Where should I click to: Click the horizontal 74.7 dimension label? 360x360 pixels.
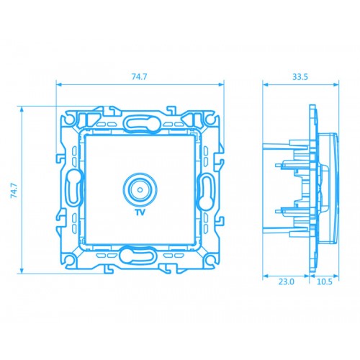(x=139, y=76)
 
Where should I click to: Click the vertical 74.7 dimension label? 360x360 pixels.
(x=14, y=190)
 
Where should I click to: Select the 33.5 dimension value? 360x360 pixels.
(x=300, y=77)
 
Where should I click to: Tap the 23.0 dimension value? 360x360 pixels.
(x=286, y=282)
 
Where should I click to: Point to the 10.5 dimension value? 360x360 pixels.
(x=325, y=282)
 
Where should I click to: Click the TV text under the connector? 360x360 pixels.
(x=140, y=212)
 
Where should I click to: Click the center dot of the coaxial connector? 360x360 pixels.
(x=140, y=190)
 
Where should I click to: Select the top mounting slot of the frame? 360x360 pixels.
(x=140, y=123)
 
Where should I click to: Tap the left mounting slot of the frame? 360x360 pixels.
(x=74, y=186)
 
